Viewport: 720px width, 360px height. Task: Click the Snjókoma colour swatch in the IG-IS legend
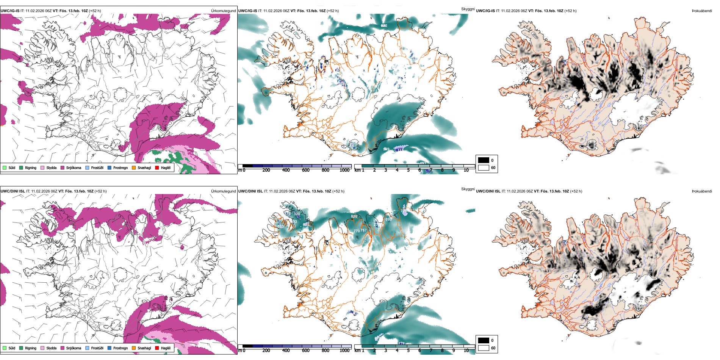click(x=63, y=167)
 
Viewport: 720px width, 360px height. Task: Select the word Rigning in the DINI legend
click(x=31, y=348)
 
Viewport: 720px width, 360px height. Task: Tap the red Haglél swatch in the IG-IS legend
click(x=157, y=167)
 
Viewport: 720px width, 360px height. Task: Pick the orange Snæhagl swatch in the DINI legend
click(x=134, y=348)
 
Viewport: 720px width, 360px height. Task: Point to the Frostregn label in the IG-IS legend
click(x=121, y=167)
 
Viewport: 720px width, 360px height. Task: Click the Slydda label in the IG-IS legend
click(x=51, y=167)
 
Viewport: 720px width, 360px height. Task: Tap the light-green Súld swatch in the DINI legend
click(x=5, y=348)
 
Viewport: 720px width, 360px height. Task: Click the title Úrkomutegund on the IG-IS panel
click(x=223, y=11)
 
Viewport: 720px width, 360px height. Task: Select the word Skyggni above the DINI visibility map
click(x=468, y=189)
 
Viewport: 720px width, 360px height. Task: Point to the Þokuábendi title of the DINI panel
click(x=702, y=191)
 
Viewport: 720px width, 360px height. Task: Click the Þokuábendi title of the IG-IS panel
click(x=702, y=11)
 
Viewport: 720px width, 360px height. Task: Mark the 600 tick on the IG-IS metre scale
click(x=306, y=170)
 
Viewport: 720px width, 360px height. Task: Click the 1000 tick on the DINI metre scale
click(x=344, y=351)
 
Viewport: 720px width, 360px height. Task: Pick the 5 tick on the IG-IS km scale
click(x=408, y=170)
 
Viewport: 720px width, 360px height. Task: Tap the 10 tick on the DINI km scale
click(x=466, y=351)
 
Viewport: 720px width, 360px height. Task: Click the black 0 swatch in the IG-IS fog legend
click(x=484, y=160)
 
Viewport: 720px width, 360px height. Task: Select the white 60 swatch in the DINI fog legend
click(x=484, y=348)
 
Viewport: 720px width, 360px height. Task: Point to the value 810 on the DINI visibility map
click(x=354, y=216)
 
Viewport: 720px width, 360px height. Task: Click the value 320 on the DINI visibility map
click(x=297, y=214)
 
